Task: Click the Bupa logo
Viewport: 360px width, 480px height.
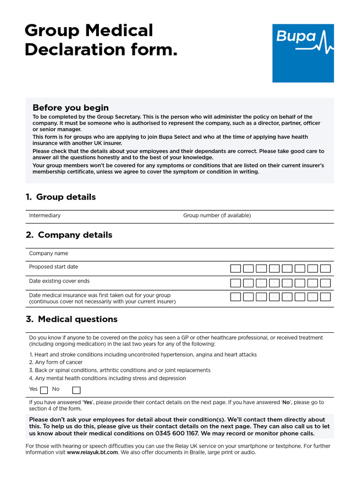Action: click(x=303, y=53)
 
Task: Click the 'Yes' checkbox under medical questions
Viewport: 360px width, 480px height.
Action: click(x=44, y=390)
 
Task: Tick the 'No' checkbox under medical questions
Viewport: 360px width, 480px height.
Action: click(x=76, y=390)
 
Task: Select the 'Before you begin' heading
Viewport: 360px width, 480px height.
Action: click(x=70, y=108)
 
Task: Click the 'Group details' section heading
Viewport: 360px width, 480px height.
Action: click(x=61, y=197)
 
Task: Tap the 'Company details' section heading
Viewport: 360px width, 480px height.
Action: click(x=69, y=235)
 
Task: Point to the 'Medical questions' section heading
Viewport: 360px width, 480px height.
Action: click(x=72, y=319)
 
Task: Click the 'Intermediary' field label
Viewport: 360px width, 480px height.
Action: click(x=45, y=216)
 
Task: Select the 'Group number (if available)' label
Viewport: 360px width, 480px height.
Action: click(x=217, y=216)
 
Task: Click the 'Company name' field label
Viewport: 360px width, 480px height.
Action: click(x=48, y=254)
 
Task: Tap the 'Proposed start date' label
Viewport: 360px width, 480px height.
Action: click(x=53, y=267)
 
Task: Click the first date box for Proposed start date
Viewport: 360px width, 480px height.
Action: click(x=235, y=269)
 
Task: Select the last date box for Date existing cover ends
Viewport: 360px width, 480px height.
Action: click(x=325, y=283)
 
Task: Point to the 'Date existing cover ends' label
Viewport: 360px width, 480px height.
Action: click(x=59, y=281)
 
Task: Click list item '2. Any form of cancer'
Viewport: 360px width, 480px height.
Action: click(x=56, y=362)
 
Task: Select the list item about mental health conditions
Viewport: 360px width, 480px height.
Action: click(x=107, y=378)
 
